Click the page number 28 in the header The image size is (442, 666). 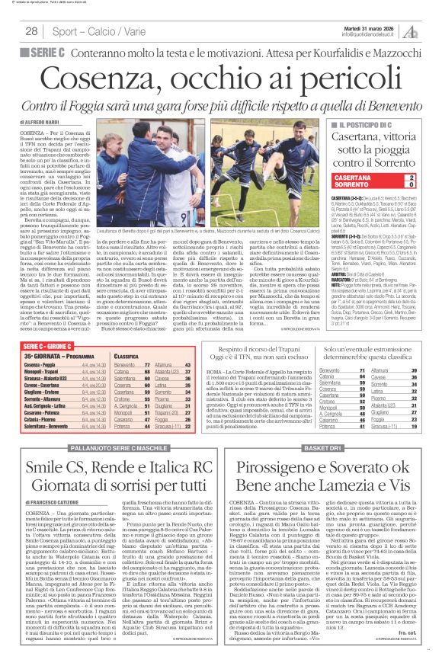[x=32, y=30]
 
